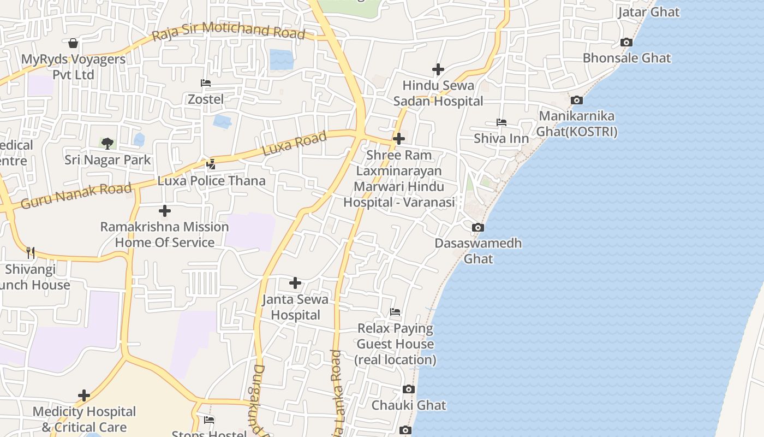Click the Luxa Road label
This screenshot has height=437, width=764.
click(x=295, y=143)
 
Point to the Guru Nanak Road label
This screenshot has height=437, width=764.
click(x=76, y=196)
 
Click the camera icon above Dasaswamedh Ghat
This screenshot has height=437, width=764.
click(x=477, y=227)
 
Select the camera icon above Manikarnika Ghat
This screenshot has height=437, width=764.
click(x=576, y=100)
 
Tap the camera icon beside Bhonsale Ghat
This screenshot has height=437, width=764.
click(x=626, y=42)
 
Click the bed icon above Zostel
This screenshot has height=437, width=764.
click(x=206, y=83)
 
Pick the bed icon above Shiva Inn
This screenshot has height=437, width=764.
click(x=501, y=122)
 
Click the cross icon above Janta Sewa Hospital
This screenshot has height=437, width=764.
click(x=295, y=283)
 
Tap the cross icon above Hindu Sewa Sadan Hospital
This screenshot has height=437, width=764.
click(x=438, y=69)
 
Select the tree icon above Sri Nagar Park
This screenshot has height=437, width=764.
click(x=108, y=144)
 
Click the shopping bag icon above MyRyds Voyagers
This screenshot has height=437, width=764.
click(x=73, y=43)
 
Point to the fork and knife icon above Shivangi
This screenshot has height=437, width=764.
click(x=31, y=252)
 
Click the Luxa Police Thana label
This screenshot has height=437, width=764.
click(x=212, y=181)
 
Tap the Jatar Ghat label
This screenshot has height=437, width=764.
click(x=649, y=12)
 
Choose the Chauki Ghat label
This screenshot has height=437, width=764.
click(x=409, y=405)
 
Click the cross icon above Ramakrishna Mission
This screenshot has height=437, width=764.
click(x=164, y=211)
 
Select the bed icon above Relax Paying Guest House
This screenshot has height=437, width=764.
click(x=395, y=312)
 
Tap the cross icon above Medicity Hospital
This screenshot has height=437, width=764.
click(x=84, y=395)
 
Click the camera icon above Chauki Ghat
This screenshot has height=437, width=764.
click(x=408, y=389)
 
